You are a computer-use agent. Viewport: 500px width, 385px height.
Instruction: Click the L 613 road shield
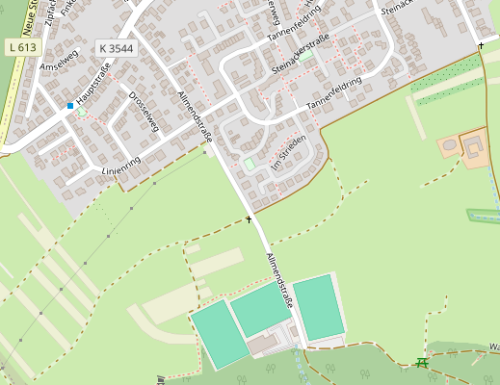tap(22, 46)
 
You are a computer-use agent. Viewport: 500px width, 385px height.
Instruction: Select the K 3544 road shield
tap(116, 47)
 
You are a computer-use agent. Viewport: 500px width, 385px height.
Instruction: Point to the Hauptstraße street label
tap(95, 85)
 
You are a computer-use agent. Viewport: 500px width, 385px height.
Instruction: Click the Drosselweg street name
tap(144, 112)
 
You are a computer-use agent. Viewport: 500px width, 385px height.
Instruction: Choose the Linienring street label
tap(120, 166)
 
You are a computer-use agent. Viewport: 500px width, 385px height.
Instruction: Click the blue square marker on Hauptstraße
tap(70, 106)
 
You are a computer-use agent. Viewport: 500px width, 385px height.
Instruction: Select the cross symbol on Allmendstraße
tap(249, 219)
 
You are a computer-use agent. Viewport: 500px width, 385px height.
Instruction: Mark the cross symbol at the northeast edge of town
tap(480, 45)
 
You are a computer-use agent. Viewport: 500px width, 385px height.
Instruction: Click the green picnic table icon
tap(421, 363)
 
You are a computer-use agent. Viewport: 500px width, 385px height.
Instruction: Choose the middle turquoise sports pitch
tap(261, 309)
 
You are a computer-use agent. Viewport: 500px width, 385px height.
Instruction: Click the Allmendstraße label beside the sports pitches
tap(279, 280)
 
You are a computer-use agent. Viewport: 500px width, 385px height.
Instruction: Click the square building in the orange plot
tap(475, 146)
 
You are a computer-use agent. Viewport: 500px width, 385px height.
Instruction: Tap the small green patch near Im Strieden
tap(250, 165)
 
